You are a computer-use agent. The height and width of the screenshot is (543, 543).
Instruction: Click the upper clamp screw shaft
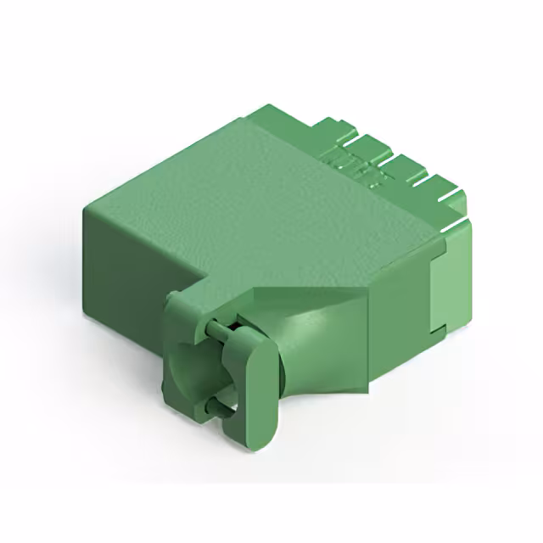pos(219,325)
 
